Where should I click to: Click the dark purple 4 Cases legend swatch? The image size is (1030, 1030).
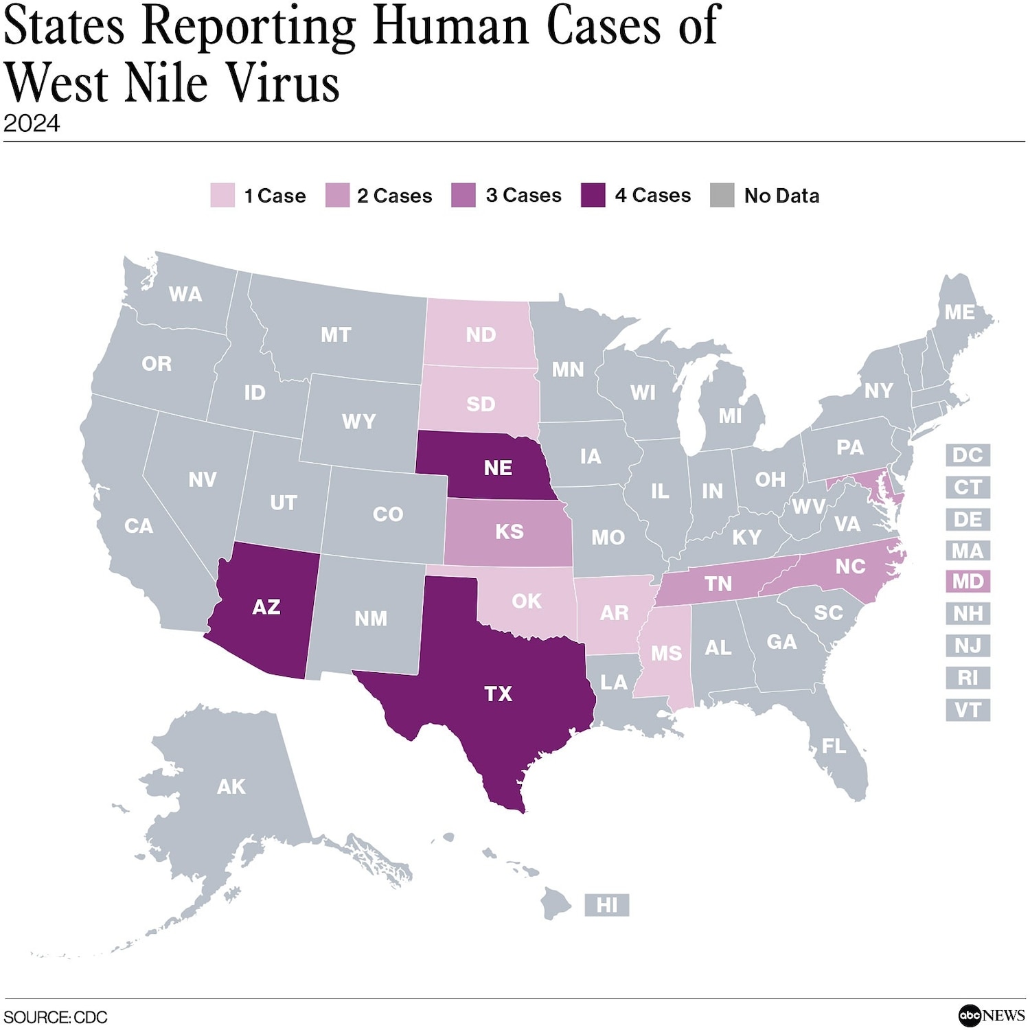click(x=593, y=195)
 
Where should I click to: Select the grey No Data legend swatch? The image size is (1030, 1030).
click(x=722, y=195)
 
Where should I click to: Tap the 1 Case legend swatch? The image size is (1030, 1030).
click(x=222, y=195)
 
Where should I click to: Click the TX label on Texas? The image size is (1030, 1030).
click(x=498, y=694)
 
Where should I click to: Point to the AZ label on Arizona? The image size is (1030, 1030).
click(x=266, y=607)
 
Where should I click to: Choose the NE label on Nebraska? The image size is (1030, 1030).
click(x=498, y=468)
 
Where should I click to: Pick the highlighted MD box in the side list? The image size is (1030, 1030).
click(x=968, y=582)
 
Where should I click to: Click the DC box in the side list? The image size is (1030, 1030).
click(x=968, y=455)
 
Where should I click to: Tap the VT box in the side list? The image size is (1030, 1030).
click(x=968, y=709)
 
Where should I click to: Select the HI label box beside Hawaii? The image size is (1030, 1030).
click(x=606, y=905)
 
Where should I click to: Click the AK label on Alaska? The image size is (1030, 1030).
click(x=231, y=786)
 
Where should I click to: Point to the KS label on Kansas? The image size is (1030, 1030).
click(x=509, y=531)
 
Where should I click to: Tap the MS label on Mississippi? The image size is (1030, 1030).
click(x=666, y=653)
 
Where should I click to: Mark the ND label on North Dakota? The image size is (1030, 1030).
click(x=481, y=334)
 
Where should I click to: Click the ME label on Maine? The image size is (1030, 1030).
click(x=959, y=312)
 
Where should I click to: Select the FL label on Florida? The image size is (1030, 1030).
click(x=834, y=746)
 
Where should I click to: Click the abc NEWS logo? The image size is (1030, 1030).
click(x=992, y=1015)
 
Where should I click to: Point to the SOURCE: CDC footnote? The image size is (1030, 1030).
click(x=56, y=1017)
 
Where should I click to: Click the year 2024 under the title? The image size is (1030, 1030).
click(x=32, y=124)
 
